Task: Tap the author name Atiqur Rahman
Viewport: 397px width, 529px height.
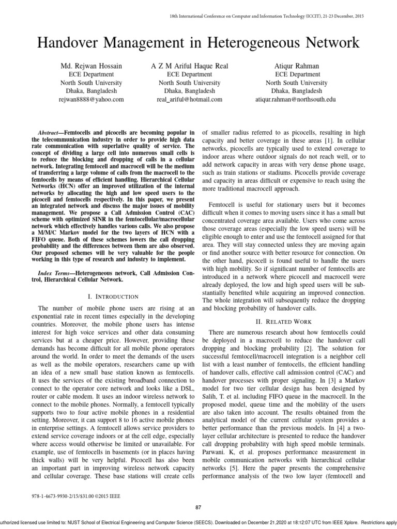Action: [293, 66]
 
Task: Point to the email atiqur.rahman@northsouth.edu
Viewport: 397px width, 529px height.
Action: [293, 99]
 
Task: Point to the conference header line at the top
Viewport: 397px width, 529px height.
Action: [267, 17]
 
